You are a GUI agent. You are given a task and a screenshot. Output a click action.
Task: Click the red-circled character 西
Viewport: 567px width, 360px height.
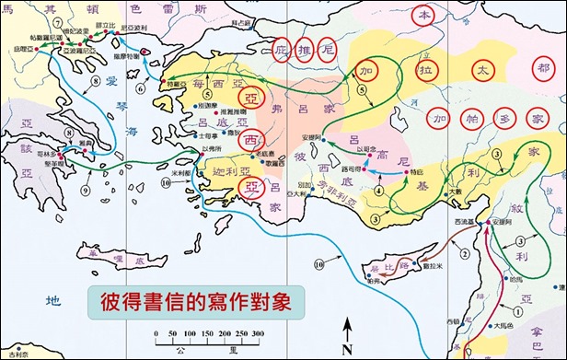(x=249, y=142)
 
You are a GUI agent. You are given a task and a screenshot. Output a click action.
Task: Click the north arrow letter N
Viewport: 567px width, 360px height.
(x=347, y=347)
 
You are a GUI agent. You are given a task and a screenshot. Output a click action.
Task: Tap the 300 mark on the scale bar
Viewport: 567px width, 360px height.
(x=258, y=333)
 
